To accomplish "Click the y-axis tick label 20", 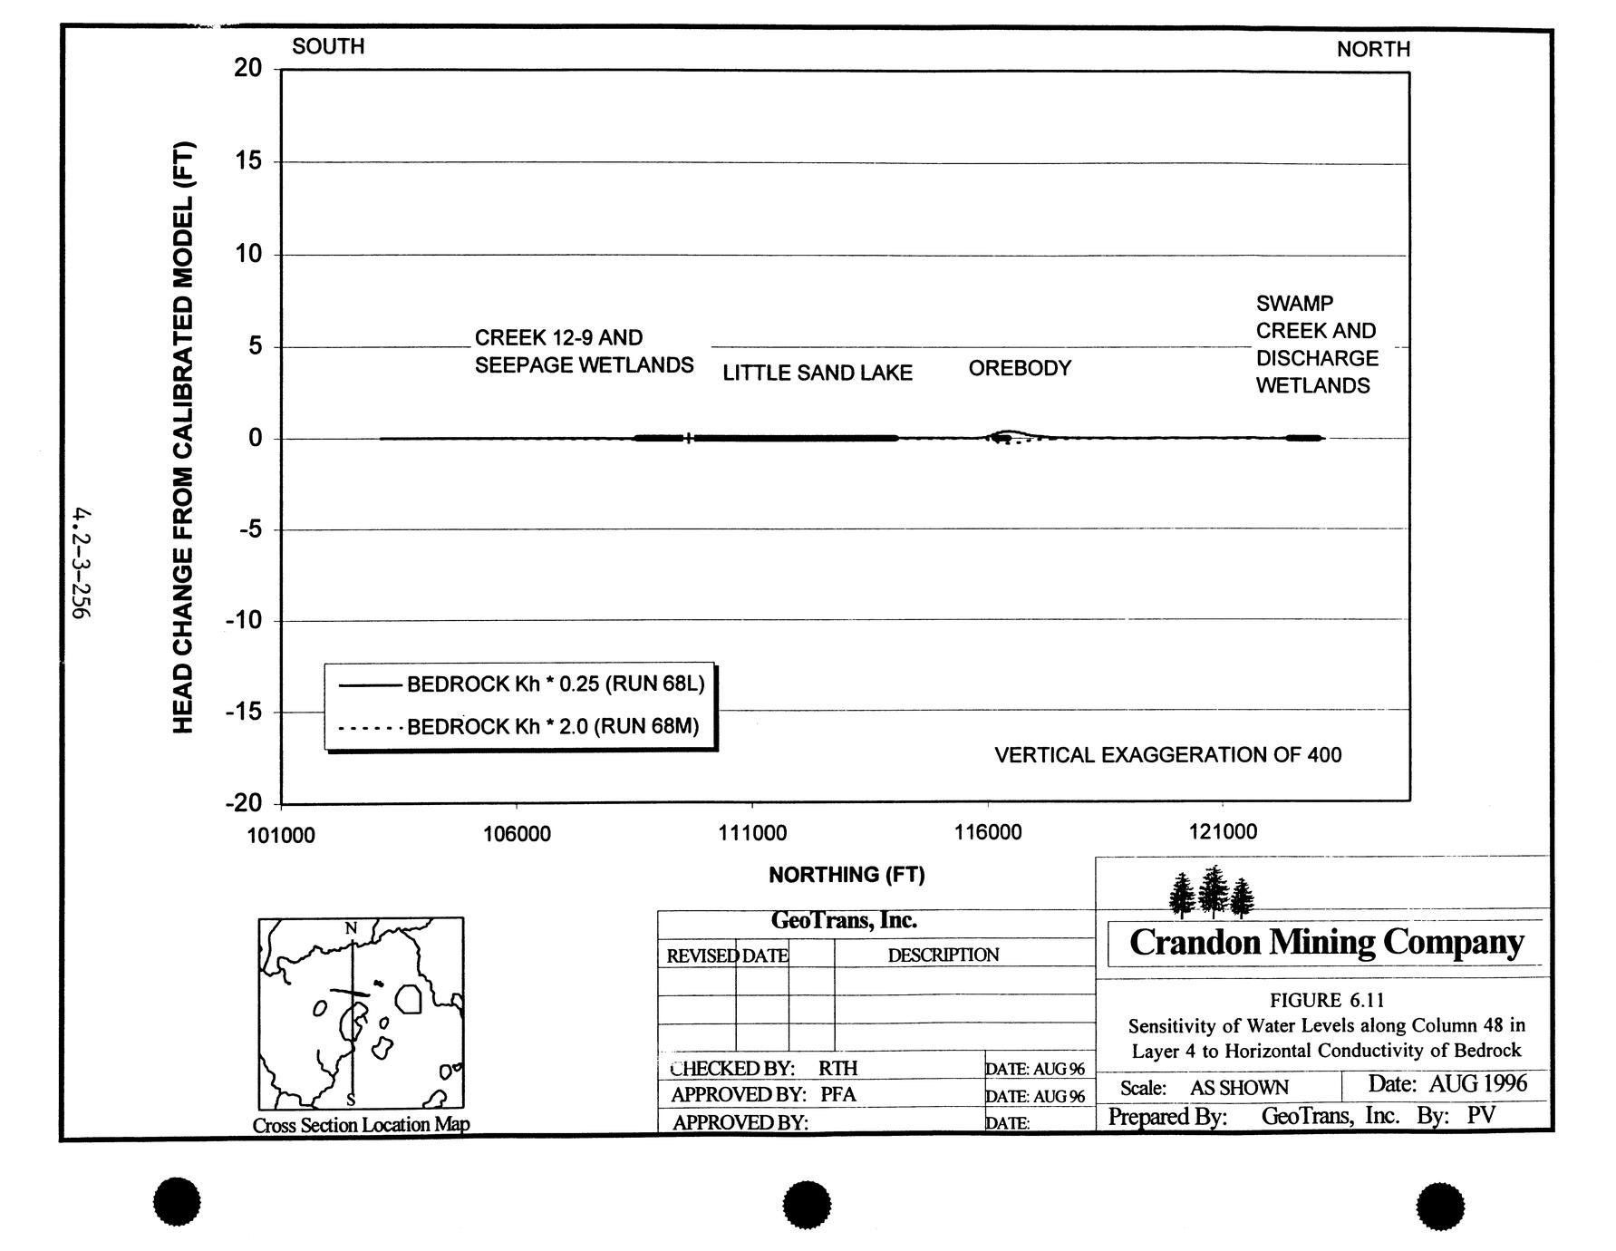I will [247, 69].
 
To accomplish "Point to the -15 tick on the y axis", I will [243, 712].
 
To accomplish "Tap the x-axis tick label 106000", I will [517, 834].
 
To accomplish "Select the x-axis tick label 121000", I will [1223, 832].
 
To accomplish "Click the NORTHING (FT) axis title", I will [847, 875].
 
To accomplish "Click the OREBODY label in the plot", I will [1020, 368].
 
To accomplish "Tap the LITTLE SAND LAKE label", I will [817, 373].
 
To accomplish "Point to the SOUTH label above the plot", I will [328, 46].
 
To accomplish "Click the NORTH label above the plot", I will [1373, 49].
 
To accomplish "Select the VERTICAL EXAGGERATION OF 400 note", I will [1167, 755].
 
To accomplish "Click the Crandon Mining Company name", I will [1326, 943].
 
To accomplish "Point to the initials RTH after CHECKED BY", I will [837, 1068].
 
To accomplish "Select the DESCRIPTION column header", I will [943, 955].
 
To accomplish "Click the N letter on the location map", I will [352, 927].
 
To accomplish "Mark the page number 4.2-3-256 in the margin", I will [82, 563].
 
